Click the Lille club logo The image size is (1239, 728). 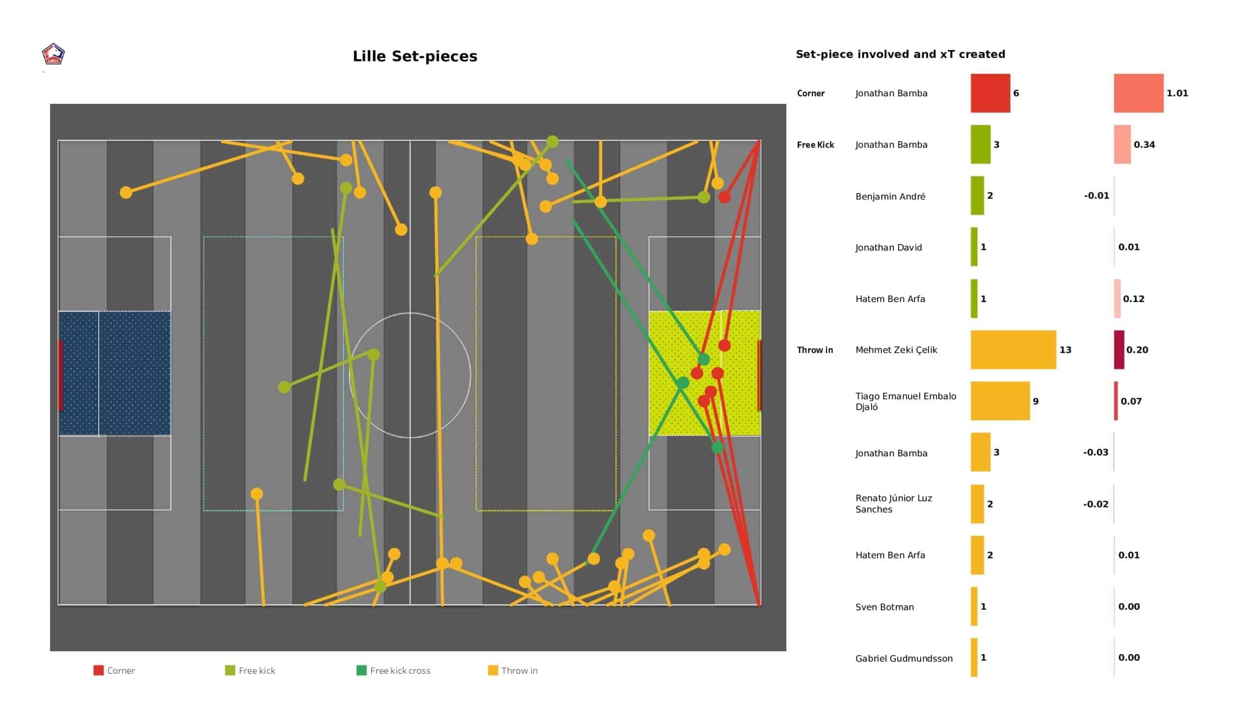click(53, 55)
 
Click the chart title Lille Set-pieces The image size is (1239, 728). click(414, 57)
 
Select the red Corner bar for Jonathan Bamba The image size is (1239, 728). click(990, 93)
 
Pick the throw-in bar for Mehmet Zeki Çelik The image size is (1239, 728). click(1013, 350)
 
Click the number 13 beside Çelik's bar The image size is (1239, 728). click(1065, 350)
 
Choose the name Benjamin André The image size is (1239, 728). click(890, 197)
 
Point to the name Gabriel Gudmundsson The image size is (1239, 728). click(904, 659)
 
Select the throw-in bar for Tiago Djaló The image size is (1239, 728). click(999, 401)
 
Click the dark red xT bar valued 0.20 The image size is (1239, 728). click(1118, 350)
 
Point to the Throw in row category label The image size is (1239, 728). click(815, 350)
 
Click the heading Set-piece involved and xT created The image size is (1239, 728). click(900, 55)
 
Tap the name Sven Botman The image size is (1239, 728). click(885, 607)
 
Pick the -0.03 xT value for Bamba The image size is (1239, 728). click(1095, 453)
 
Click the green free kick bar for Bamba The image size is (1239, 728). click(981, 145)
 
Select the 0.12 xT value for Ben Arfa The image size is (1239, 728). click(1133, 299)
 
